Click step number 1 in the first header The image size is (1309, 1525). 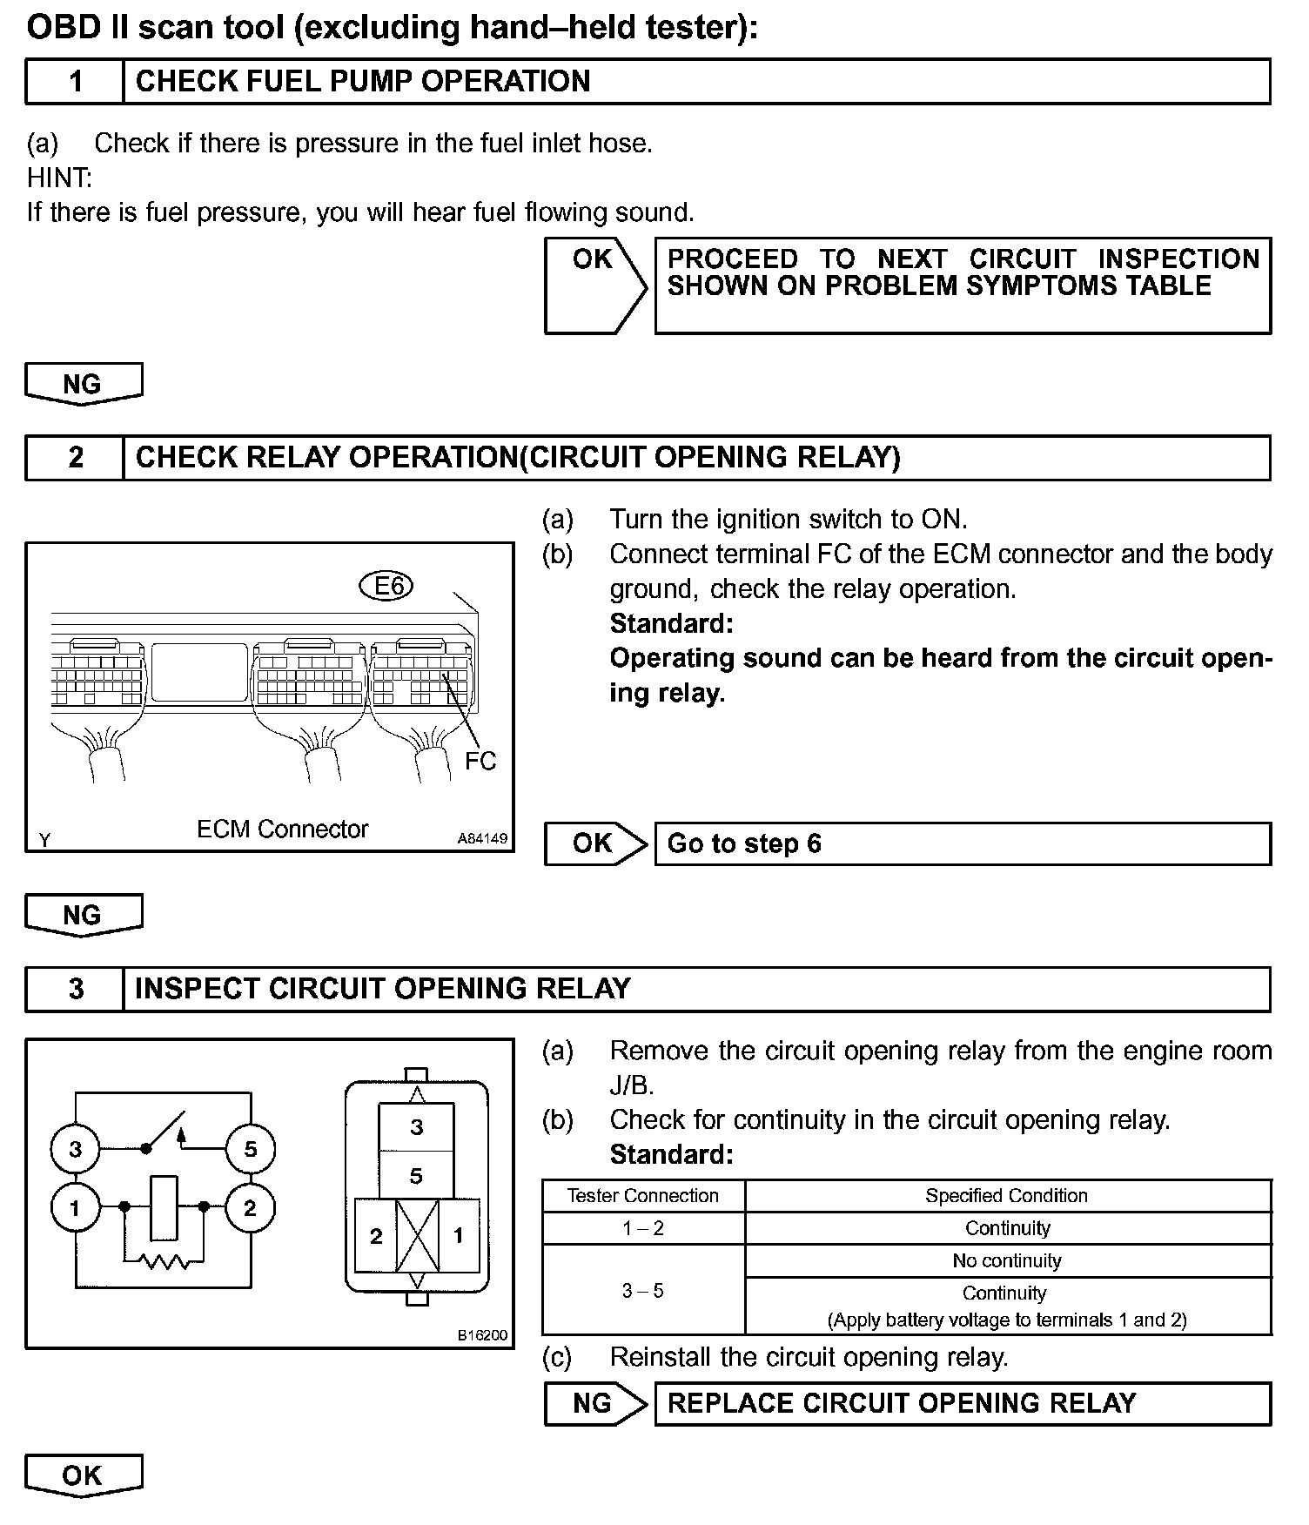click(x=76, y=82)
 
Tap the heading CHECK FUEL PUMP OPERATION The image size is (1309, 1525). click(x=363, y=82)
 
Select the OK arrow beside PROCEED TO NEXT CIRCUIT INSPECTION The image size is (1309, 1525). click(x=594, y=286)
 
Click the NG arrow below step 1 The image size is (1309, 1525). click(x=84, y=384)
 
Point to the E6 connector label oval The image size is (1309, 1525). click(x=386, y=587)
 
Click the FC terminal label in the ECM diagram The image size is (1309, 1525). click(x=480, y=762)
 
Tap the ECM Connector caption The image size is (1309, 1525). click(x=282, y=829)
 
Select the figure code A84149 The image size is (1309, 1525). click(x=483, y=838)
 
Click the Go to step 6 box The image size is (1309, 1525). click(x=962, y=843)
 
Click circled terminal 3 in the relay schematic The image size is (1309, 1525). click(x=76, y=1149)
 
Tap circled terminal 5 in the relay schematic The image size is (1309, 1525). click(x=250, y=1149)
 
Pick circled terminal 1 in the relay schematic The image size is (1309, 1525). click(x=76, y=1207)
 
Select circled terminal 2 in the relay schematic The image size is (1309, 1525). click(x=250, y=1207)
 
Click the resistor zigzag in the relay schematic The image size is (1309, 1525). click(x=164, y=1260)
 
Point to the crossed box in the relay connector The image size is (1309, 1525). click(x=417, y=1235)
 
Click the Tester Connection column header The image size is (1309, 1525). click(x=643, y=1196)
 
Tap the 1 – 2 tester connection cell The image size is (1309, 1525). click(x=643, y=1228)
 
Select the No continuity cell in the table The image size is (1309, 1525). click(x=1007, y=1260)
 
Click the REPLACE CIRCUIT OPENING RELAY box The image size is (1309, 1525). click(x=962, y=1403)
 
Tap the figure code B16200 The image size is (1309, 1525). click(x=483, y=1335)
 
